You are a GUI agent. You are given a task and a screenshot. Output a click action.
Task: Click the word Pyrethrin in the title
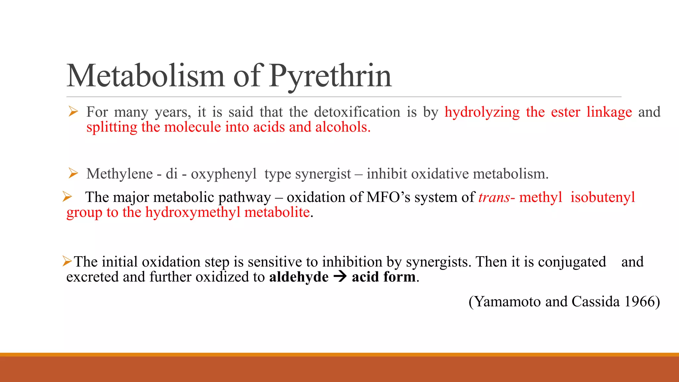pos(330,76)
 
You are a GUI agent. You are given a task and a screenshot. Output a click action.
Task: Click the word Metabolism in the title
pos(146,76)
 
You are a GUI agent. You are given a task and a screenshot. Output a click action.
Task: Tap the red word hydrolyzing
pos(482,112)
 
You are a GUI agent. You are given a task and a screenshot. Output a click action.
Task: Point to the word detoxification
pos(357,112)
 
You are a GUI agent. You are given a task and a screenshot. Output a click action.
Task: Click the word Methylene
pos(119,174)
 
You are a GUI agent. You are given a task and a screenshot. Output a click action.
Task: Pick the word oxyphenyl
pos(224,174)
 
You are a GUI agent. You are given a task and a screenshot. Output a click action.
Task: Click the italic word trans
pos(494,197)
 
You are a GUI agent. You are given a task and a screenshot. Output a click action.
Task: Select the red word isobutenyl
pos(603,197)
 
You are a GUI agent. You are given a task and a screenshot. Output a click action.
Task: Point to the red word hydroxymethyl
pos(193,212)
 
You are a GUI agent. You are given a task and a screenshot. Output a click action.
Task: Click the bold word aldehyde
pos(299,277)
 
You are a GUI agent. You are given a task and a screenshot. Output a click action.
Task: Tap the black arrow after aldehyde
pos(340,277)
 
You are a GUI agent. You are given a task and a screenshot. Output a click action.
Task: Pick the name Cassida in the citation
pos(595,301)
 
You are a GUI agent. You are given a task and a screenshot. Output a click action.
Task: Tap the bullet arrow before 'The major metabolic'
pos(67,197)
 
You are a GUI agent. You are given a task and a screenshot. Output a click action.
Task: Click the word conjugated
pos(572,262)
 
